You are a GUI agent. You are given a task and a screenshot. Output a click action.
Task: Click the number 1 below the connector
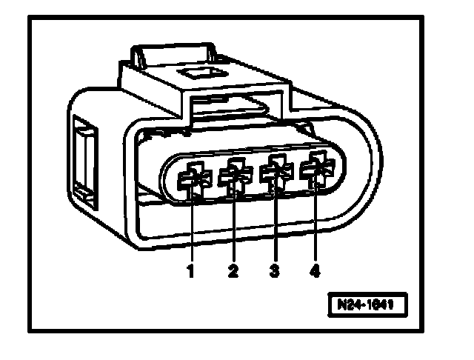190,271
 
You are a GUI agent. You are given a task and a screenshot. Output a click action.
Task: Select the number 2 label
233,271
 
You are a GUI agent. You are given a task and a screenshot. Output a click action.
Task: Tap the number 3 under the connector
275,271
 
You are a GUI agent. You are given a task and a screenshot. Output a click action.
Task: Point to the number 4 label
316,271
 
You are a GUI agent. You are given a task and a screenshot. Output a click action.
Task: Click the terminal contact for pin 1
193,178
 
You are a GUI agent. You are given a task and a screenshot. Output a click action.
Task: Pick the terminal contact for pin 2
235,176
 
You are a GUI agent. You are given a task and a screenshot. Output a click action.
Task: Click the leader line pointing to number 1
191,230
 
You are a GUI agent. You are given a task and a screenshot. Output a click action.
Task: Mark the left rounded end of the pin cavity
169,181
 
